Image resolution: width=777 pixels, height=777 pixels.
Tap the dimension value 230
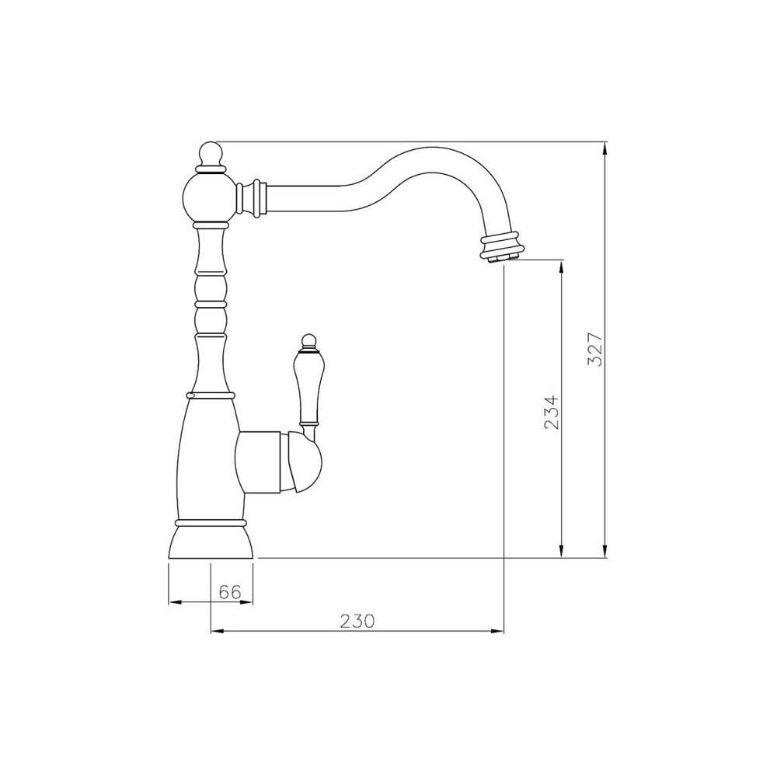(357, 621)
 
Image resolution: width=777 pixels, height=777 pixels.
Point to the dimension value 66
(228, 591)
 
